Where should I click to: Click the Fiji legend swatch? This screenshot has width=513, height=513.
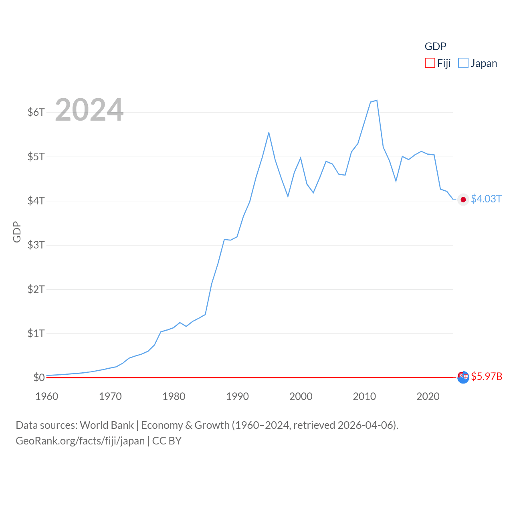click(x=430, y=63)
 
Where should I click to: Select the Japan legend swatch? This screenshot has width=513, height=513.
click(x=463, y=63)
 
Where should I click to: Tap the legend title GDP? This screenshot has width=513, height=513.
click(x=435, y=46)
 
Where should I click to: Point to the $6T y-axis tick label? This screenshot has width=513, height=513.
click(x=36, y=112)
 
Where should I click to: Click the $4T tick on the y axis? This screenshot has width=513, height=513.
click(x=36, y=201)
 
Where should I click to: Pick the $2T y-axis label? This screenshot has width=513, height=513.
click(x=36, y=289)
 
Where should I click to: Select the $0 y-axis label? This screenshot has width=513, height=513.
click(x=39, y=378)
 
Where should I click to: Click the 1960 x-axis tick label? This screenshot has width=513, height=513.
click(x=47, y=396)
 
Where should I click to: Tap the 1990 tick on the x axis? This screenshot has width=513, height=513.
click(x=237, y=396)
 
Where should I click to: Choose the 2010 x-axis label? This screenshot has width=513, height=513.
click(x=364, y=396)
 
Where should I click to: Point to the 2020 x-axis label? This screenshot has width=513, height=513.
click(x=428, y=396)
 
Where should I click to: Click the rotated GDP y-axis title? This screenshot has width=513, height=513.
click(x=17, y=232)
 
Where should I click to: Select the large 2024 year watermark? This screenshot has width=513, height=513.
click(x=89, y=110)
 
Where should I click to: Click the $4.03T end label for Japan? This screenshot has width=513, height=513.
click(x=486, y=199)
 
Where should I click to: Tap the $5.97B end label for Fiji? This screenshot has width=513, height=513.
click(x=487, y=376)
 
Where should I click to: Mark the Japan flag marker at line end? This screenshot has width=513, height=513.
click(x=463, y=200)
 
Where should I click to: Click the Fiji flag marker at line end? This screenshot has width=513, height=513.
click(x=463, y=377)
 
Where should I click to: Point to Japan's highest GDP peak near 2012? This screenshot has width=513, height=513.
click(x=377, y=100)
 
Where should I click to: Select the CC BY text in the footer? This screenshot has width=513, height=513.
click(x=167, y=441)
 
